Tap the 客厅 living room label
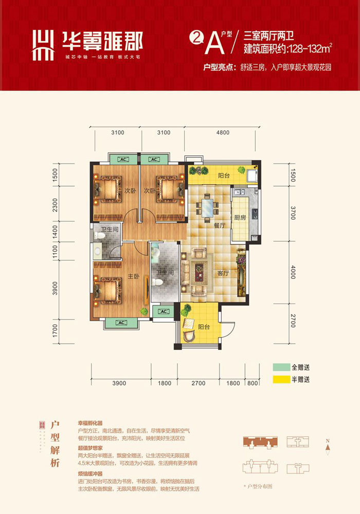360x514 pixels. click(x=222, y=273)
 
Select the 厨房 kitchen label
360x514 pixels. click(x=240, y=218)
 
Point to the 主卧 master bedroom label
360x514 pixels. click(x=133, y=276)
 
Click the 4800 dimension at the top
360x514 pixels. click(x=222, y=132)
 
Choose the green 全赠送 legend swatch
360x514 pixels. click(x=280, y=367)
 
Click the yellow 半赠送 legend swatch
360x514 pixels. click(x=280, y=380)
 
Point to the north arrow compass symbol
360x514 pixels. click(x=328, y=446)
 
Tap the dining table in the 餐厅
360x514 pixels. click(x=207, y=207)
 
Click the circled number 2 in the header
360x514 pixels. click(x=195, y=37)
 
